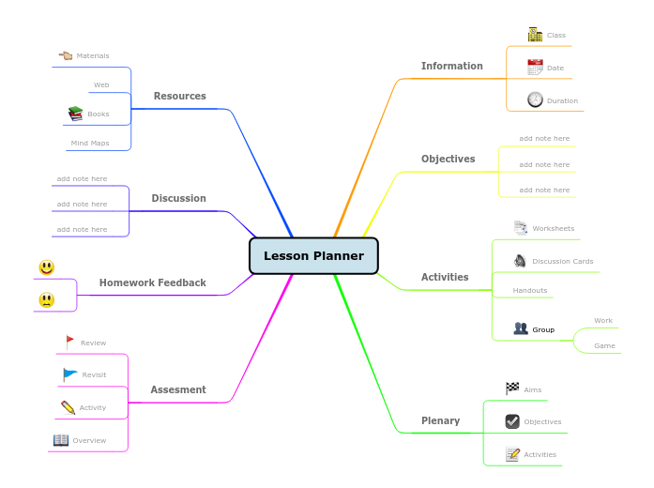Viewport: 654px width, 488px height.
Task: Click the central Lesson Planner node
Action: click(x=313, y=255)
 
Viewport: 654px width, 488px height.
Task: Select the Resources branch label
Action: click(x=179, y=96)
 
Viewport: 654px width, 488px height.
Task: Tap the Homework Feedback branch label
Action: click(x=152, y=282)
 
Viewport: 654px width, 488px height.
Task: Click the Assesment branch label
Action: click(x=177, y=389)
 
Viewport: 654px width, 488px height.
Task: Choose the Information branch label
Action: click(x=451, y=66)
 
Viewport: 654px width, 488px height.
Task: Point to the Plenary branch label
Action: click(x=440, y=420)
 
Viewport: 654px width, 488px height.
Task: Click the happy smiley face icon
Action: click(x=46, y=267)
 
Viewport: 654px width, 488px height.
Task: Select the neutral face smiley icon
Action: click(x=46, y=300)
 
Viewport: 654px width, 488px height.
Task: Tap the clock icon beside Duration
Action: click(x=535, y=99)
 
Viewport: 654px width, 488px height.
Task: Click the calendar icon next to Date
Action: click(x=535, y=68)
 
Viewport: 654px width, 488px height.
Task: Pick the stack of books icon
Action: click(x=75, y=114)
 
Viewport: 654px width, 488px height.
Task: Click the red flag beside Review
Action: click(x=69, y=343)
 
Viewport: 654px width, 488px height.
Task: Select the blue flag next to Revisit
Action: click(x=70, y=374)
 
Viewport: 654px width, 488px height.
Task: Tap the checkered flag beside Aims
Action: click(x=512, y=389)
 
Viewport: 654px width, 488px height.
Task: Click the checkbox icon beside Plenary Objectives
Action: click(x=512, y=421)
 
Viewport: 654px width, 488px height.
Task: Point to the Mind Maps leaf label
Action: click(x=89, y=144)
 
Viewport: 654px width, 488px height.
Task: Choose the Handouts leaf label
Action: click(x=529, y=290)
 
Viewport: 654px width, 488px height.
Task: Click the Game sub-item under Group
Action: click(x=604, y=345)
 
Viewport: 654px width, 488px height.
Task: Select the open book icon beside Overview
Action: click(x=61, y=439)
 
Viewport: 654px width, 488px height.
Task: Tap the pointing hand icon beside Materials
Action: click(x=65, y=55)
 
